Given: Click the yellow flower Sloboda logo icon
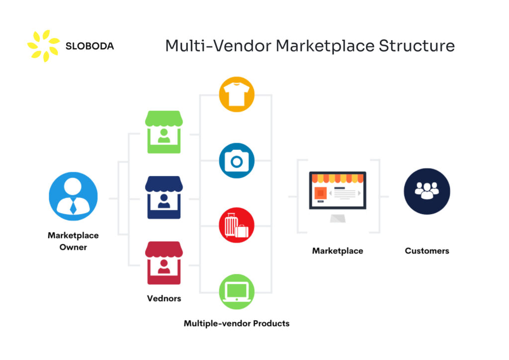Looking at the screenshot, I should tap(43, 46).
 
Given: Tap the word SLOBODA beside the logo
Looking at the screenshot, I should tap(89, 46).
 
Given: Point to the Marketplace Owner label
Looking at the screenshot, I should tap(73, 241).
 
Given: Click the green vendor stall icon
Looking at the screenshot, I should tap(164, 132).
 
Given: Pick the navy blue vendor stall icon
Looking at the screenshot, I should tap(164, 197).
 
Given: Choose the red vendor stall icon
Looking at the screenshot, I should tap(164, 263).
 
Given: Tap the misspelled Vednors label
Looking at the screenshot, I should tap(164, 298).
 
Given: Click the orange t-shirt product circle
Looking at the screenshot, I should tap(237, 94).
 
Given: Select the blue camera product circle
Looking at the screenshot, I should tap(237, 161).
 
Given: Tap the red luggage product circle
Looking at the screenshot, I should tap(237, 226).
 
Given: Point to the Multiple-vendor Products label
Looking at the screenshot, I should tap(237, 323).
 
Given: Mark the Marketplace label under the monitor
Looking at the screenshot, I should tap(338, 251).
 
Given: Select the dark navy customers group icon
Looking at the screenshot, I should tap(426, 191).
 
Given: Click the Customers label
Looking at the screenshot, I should tap(426, 251).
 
